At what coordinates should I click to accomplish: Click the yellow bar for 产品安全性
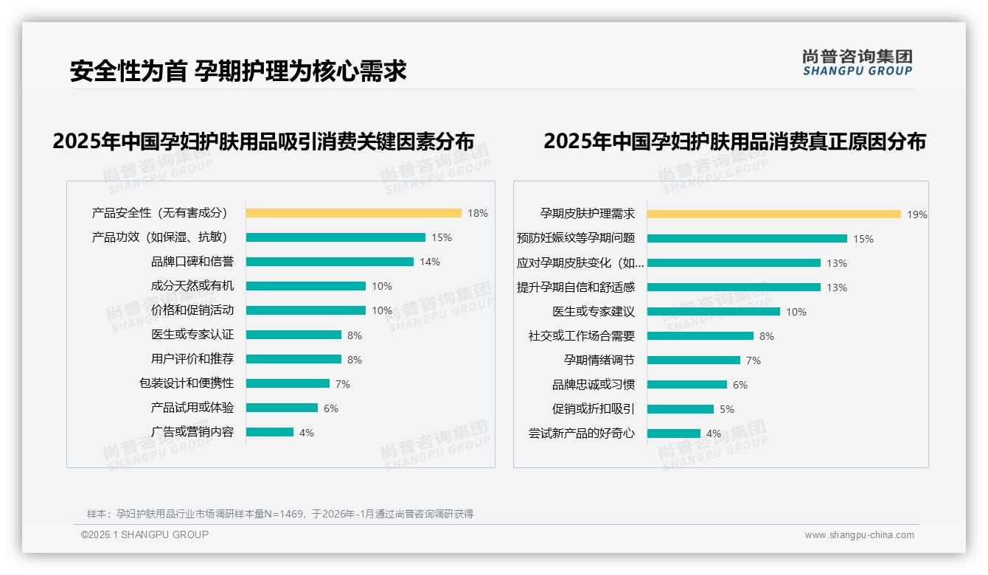click(353, 213)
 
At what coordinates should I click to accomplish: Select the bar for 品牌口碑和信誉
click(330, 262)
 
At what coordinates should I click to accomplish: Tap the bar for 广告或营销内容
click(269, 432)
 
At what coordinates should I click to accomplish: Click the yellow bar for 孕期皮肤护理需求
click(773, 214)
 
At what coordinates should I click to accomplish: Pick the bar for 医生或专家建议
click(713, 312)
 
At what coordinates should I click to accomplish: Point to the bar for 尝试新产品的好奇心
click(673, 433)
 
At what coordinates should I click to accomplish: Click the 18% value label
click(477, 213)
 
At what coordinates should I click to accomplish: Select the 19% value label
click(916, 215)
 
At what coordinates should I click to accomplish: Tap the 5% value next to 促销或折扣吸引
click(726, 409)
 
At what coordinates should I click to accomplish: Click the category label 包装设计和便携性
click(187, 383)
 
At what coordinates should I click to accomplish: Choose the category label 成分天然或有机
click(192, 286)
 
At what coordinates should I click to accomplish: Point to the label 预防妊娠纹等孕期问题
click(576, 238)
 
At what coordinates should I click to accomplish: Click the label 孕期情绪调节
click(599, 360)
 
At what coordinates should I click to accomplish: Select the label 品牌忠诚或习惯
click(594, 385)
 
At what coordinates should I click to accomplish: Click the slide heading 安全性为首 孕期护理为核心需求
click(238, 71)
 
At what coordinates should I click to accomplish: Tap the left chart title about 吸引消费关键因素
click(263, 141)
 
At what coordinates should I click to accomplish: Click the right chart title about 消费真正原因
click(734, 141)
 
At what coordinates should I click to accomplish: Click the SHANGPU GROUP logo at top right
click(857, 63)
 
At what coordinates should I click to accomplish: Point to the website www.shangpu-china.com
click(859, 535)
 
